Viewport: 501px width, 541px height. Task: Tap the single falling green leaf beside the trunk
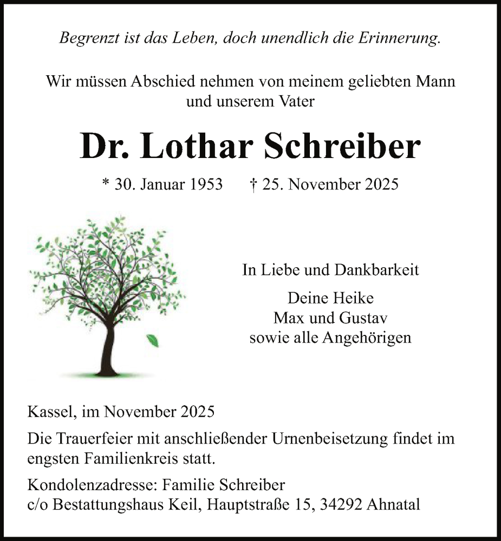tap(152, 340)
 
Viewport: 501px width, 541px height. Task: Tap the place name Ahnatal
tap(394, 505)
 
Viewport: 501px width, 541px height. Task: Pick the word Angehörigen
tap(367, 338)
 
